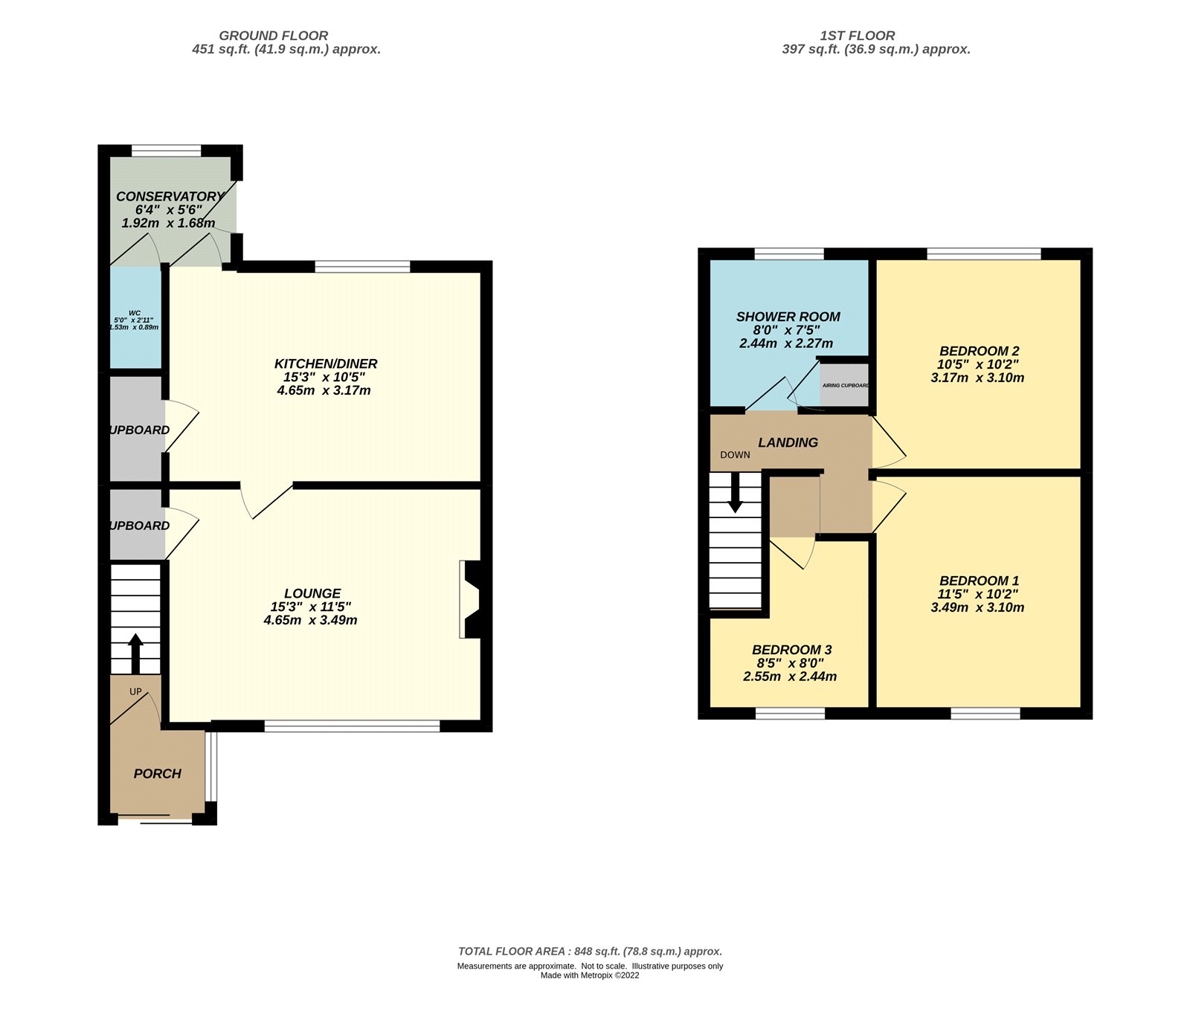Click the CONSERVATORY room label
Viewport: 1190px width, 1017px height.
(170, 196)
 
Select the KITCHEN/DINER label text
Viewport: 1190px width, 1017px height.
(326, 364)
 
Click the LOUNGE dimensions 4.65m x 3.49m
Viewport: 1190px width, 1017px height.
(310, 620)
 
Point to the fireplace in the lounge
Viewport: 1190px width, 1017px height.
(472, 599)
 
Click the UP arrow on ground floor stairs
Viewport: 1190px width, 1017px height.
(135, 653)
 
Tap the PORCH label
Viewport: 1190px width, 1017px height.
(157, 773)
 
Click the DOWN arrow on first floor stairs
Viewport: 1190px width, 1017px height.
(735, 494)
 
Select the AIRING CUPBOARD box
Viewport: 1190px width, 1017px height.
(845, 385)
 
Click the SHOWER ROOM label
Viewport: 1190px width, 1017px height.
(788, 317)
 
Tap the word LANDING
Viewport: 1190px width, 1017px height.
(788, 442)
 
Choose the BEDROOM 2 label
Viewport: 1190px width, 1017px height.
(979, 351)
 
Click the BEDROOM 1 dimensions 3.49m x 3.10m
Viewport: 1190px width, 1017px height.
(977, 607)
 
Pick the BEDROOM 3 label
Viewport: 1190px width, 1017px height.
(791, 650)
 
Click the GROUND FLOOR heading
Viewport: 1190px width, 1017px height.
(273, 36)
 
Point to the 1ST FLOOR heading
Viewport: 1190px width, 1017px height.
(857, 36)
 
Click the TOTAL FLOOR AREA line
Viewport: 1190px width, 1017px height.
(590, 951)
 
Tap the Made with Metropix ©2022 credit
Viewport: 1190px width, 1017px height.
(590, 975)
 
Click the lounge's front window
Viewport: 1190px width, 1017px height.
(352, 726)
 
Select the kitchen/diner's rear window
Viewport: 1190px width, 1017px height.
(362, 266)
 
